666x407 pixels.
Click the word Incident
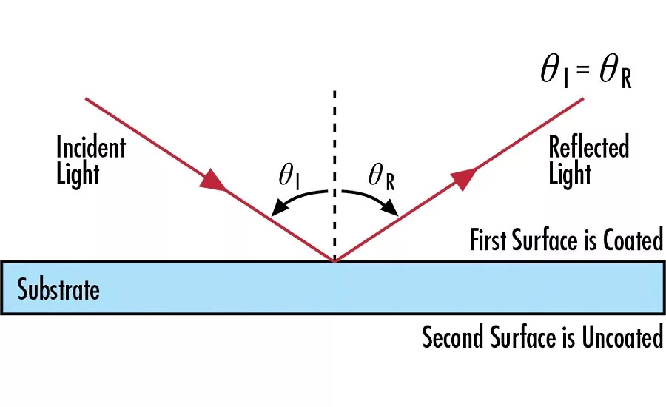pos(91,147)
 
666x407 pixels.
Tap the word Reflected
pos(589,147)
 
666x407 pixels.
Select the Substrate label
pos(58,289)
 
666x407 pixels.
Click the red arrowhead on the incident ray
pos(212,180)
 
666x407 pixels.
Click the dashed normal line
pos(334,175)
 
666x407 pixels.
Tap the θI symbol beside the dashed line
pos(289,176)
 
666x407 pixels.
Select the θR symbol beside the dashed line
pos(381,177)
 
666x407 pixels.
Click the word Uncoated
pos(622,337)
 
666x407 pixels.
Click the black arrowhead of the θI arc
pos(280,208)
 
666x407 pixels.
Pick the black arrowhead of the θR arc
pos(390,208)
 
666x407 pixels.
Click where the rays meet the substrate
pos(334,261)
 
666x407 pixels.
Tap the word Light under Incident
pos(78,174)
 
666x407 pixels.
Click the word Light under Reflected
pos(570,174)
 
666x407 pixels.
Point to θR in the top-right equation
pos(616,73)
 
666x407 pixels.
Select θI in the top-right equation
pos(555,73)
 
